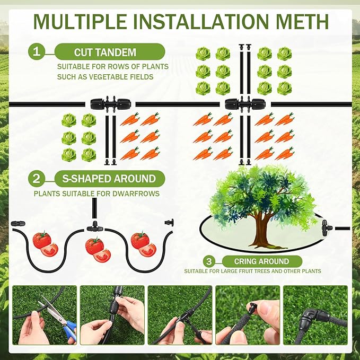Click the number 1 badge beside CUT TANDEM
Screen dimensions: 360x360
37,51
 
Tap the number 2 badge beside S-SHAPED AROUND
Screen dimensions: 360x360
37,179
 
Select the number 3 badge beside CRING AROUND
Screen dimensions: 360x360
209,261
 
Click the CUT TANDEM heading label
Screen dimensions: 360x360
105,52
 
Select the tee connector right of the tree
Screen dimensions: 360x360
326,227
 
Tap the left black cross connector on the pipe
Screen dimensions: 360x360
110,104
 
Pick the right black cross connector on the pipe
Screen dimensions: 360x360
244,104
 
